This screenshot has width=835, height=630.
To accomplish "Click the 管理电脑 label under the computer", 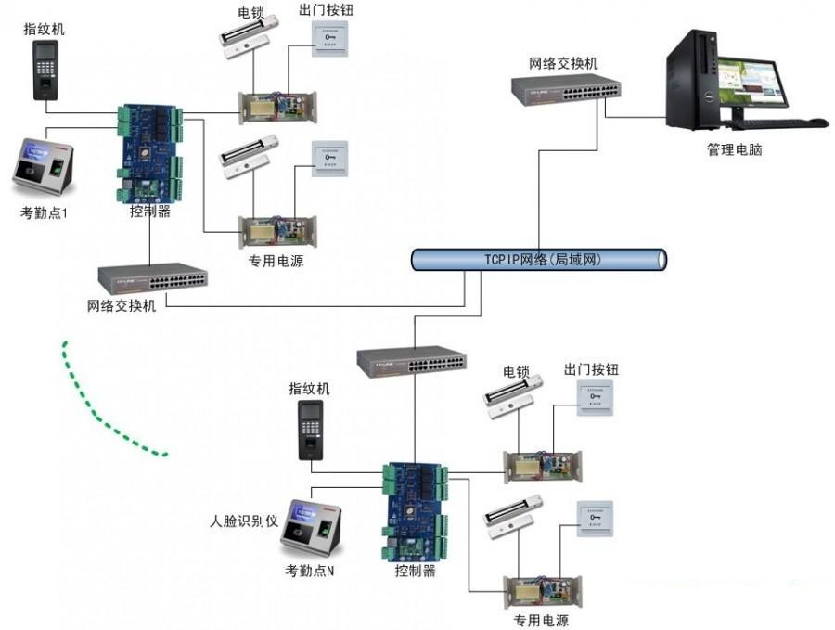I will pos(734,149).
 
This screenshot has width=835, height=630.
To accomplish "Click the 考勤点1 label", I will pos(51,212).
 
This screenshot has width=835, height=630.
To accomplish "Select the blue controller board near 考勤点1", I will pos(149,152).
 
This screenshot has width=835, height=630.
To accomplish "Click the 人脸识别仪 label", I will pos(246,521).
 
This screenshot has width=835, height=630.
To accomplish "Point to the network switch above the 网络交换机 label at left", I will pos(154,276).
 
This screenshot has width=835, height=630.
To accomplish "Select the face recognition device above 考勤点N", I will pos(315,530).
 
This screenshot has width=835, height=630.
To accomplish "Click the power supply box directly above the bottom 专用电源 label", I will pos(541,588).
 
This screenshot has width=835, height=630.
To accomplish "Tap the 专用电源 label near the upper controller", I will pos(276,261).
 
